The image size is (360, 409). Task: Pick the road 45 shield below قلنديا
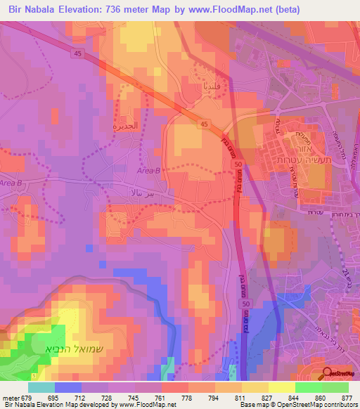pos(203,124)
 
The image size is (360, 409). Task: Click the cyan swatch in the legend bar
pos(41,387)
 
